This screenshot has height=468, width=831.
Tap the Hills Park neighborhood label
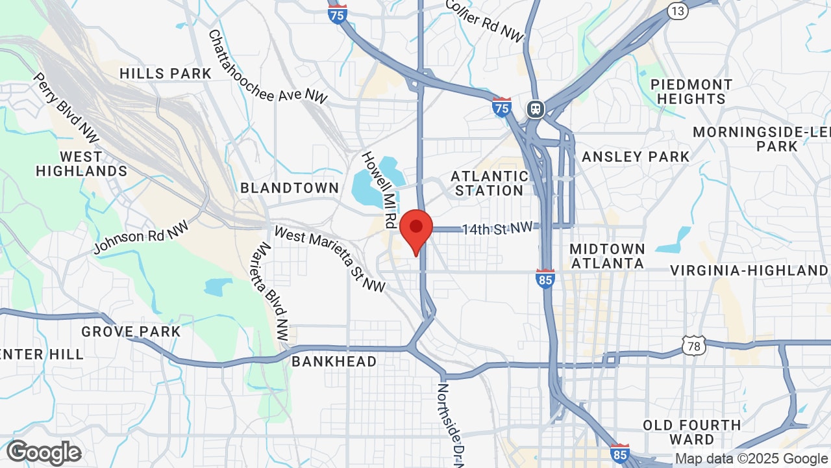point(166,73)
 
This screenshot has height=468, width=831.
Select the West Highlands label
point(81,164)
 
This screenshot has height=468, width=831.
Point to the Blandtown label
point(290,188)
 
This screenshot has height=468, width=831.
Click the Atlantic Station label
point(490,183)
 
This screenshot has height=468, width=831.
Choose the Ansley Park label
point(636,157)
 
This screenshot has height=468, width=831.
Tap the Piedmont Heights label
point(691,92)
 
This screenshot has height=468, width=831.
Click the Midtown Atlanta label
point(607,255)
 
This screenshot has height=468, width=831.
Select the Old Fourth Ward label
point(691,432)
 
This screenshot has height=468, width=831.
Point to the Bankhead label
point(334,361)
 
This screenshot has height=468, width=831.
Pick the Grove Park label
point(130,331)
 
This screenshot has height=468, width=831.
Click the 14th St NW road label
point(497,228)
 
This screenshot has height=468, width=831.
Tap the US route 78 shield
point(694,346)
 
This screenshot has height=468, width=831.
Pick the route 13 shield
point(678,10)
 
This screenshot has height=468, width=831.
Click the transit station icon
point(536,109)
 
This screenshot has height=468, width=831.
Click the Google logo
point(44,452)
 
